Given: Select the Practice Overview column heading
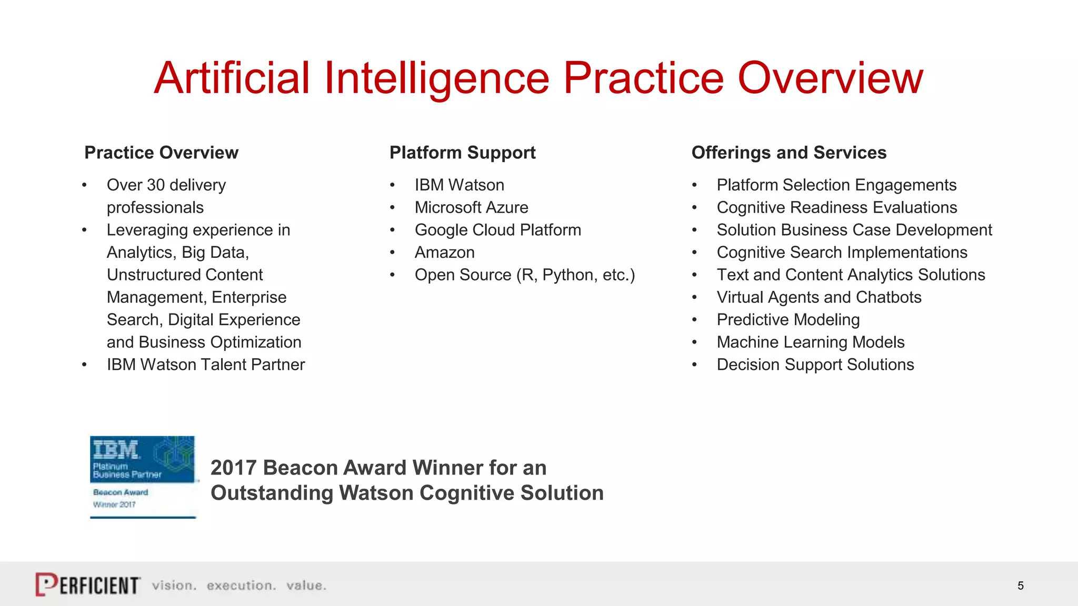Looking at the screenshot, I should click(161, 153).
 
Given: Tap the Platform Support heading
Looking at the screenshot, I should click(462, 153).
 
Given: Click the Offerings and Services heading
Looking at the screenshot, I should click(788, 153).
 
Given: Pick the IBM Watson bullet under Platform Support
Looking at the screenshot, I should click(459, 185).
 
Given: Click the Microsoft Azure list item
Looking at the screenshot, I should click(471, 208).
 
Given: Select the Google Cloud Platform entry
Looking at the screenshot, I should click(497, 230).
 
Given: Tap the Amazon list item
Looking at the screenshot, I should click(444, 252).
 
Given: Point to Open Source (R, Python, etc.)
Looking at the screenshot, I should click(524, 275).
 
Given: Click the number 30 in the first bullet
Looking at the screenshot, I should click(156, 185).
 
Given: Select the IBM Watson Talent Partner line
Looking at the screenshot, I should click(205, 365).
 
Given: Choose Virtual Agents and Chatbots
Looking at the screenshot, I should click(819, 297).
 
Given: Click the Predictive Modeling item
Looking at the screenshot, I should click(788, 320).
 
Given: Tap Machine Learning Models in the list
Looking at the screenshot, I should click(810, 342).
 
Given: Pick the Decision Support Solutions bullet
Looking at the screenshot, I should click(815, 365).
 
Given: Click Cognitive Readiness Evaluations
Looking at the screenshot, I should click(836, 208).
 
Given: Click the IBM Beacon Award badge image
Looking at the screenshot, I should click(143, 477).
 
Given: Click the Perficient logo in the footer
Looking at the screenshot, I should click(88, 584).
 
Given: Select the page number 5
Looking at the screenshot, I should click(1020, 585).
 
